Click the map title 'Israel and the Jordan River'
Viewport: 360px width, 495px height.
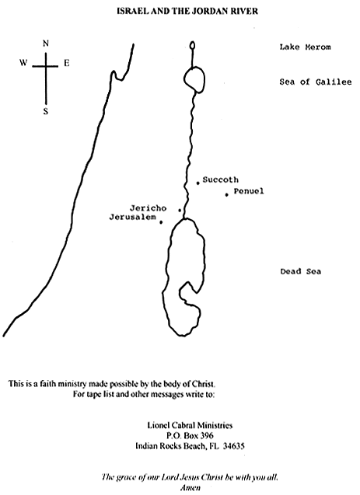pos(187,12)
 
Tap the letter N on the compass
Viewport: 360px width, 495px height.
pos(46,44)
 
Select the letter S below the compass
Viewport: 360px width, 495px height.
pos(46,111)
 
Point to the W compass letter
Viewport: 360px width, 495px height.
pos(23,63)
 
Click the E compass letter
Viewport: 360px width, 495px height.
pos(66,63)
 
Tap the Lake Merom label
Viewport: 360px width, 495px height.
pos(305,47)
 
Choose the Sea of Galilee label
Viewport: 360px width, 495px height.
pos(316,82)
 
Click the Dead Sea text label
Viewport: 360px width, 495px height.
pos(301,271)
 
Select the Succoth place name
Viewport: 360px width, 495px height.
pos(220,180)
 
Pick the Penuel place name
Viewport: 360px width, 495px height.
pos(249,191)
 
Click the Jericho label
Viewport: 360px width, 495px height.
pos(148,208)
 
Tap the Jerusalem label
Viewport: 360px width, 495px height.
pos(133,218)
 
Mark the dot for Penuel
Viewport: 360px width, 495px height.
pos(227,195)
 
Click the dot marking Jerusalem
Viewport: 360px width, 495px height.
pos(161,222)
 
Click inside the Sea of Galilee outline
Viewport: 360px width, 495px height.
pos(195,79)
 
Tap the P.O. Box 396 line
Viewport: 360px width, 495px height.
pos(190,436)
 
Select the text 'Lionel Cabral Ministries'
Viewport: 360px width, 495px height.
pos(190,425)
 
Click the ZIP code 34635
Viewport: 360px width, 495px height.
pos(233,446)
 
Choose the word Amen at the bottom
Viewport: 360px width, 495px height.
pos(190,487)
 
